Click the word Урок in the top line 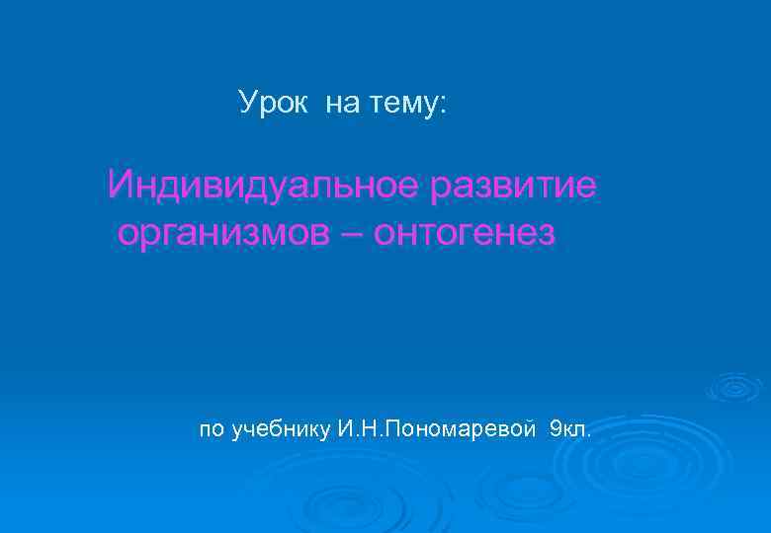pyautogui.click(x=274, y=103)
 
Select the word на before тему pyautogui.click(x=341, y=103)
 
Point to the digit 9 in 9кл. pyautogui.click(x=555, y=429)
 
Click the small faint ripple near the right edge pyautogui.click(x=735, y=386)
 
